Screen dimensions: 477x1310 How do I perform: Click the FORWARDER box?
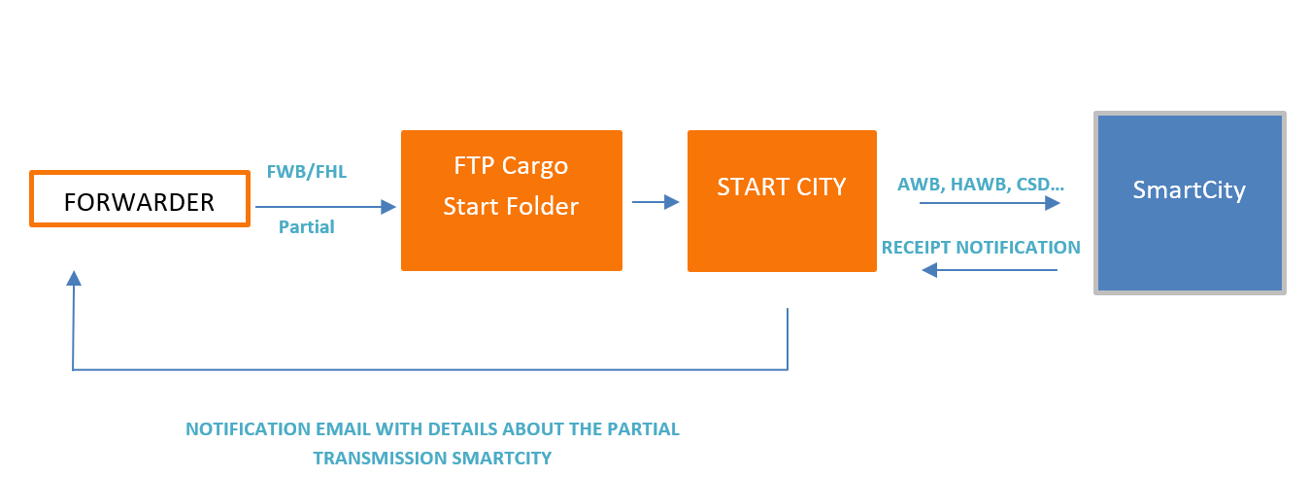coord(139,200)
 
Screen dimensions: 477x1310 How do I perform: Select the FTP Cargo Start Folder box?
coord(511,200)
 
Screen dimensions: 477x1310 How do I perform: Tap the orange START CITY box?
coord(781,200)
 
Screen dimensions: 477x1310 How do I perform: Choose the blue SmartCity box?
coord(1189,202)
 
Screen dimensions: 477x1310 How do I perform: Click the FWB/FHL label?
coord(306,173)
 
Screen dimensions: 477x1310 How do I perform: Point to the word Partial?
coord(306,227)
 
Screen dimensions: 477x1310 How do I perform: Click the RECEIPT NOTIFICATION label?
coord(981,248)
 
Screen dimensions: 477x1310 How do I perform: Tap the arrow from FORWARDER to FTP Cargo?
coord(325,206)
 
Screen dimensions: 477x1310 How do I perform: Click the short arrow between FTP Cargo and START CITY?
coord(655,202)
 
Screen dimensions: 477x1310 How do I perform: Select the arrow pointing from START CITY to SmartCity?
coord(989,203)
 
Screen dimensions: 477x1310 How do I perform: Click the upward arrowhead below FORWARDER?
coord(73,279)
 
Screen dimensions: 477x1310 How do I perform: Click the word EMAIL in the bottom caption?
coord(325,428)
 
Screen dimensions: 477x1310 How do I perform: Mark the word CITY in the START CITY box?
coord(818,187)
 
